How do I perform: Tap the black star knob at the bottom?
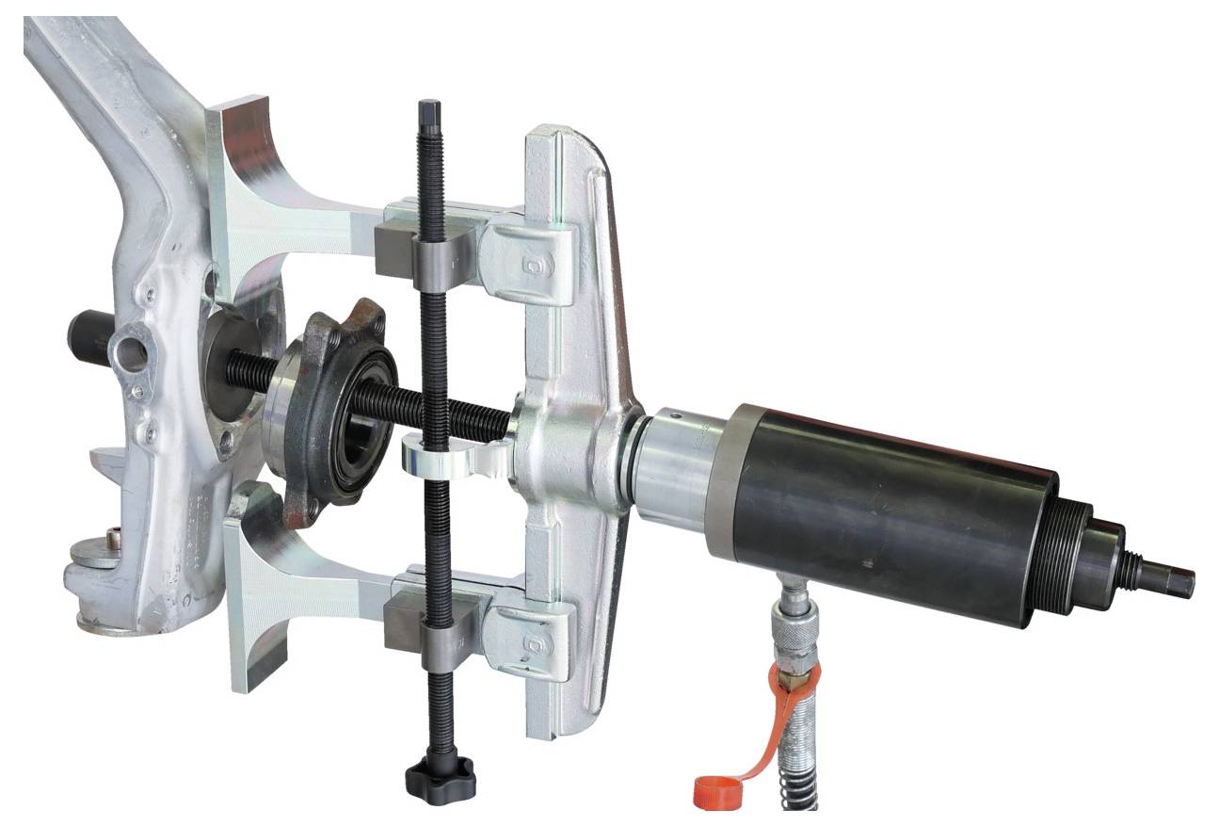(x=439, y=777)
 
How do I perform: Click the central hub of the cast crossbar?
(x=565, y=443)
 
